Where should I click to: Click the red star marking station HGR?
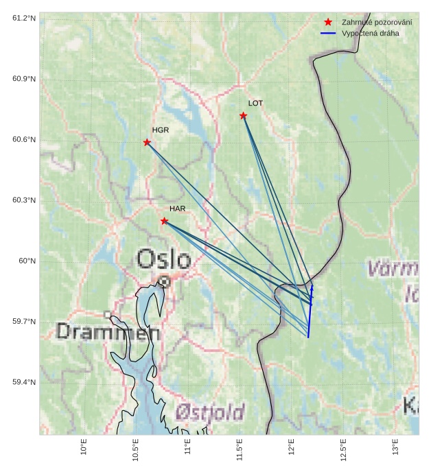pyautogui.click(x=147, y=142)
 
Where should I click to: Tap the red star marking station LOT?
pyautogui.click(x=244, y=115)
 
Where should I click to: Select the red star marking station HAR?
pyautogui.click(x=164, y=221)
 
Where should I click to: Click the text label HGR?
pyautogui.click(x=161, y=130)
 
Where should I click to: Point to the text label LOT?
pyautogui.click(x=255, y=103)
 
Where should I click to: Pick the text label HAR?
pyautogui.click(x=178, y=209)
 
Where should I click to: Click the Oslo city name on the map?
pyautogui.click(x=163, y=259)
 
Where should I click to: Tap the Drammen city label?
pyautogui.click(x=108, y=332)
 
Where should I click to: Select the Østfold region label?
pyautogui.click(x=210, y=412)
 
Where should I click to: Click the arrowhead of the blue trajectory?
pyautogui.click(x=312, y=287)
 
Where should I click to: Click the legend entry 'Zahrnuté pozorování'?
pyautogui.click(x=376, y=22)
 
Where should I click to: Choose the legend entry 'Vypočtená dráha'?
pyautogui.click(x=370, y=33)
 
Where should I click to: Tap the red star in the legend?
pyautogui.click(x=328, y=22)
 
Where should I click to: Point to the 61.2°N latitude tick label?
pyautogui.click(x=24, y=18)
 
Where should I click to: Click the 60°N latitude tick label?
pyautogui.click(x=27, y=261)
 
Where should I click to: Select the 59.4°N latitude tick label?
pyautogui.click(x=24, y=382)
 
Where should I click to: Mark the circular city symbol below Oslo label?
pyautogui.click(x=165, y=281)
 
